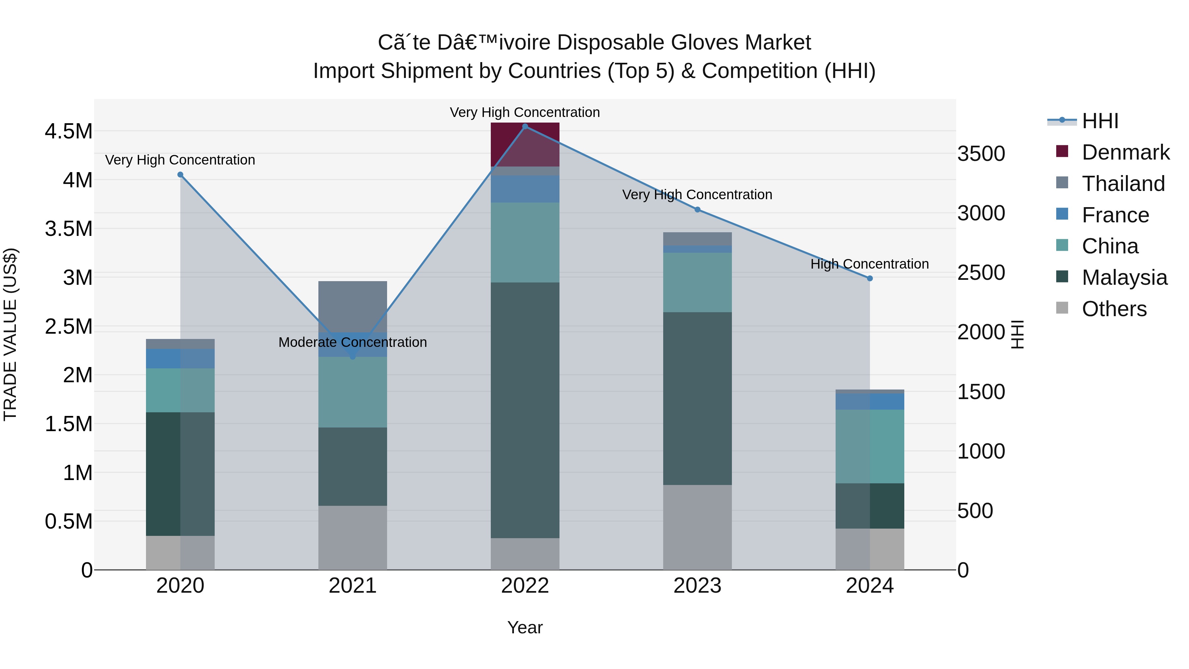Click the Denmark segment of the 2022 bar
tap(525, 144)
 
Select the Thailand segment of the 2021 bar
tap(353, 307)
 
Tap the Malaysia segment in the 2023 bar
tap(698, 398)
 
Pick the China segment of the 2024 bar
tap(870, 446)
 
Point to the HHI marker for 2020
tap(180, 174)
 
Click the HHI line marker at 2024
tap(870, 279)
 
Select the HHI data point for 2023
tap(698, 209)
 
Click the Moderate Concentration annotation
tap(353, 342)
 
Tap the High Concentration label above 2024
tap(870, 264)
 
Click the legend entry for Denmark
tap(1125, 152)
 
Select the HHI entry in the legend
tap(1100, 121)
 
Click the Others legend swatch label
tap(1114, 309)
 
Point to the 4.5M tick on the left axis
tap(68, 131)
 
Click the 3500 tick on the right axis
tap(981, 154)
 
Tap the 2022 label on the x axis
tap(525, 586)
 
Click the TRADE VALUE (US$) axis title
tap(10, 334)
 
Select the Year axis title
tap(525, 627)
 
